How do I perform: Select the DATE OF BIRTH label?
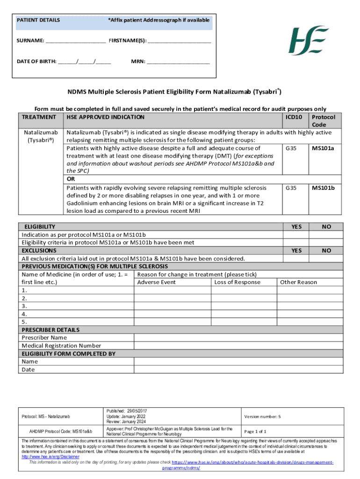point(37,61)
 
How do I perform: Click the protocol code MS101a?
point(326,148)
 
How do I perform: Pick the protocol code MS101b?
point(326,188)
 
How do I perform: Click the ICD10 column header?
point(295,117)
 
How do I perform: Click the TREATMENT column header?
point(39,117)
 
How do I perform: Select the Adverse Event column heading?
point(156,282)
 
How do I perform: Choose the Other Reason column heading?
point(298,282)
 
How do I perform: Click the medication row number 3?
point(24,306)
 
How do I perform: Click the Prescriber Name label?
point(44,337)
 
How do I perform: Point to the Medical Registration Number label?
point(61,346)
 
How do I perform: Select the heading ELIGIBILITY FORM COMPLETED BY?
point(68,354)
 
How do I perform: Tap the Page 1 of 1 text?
point(255,431)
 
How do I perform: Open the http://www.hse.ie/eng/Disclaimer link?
point(50,457)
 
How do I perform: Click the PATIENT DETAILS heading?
point(38,20)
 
